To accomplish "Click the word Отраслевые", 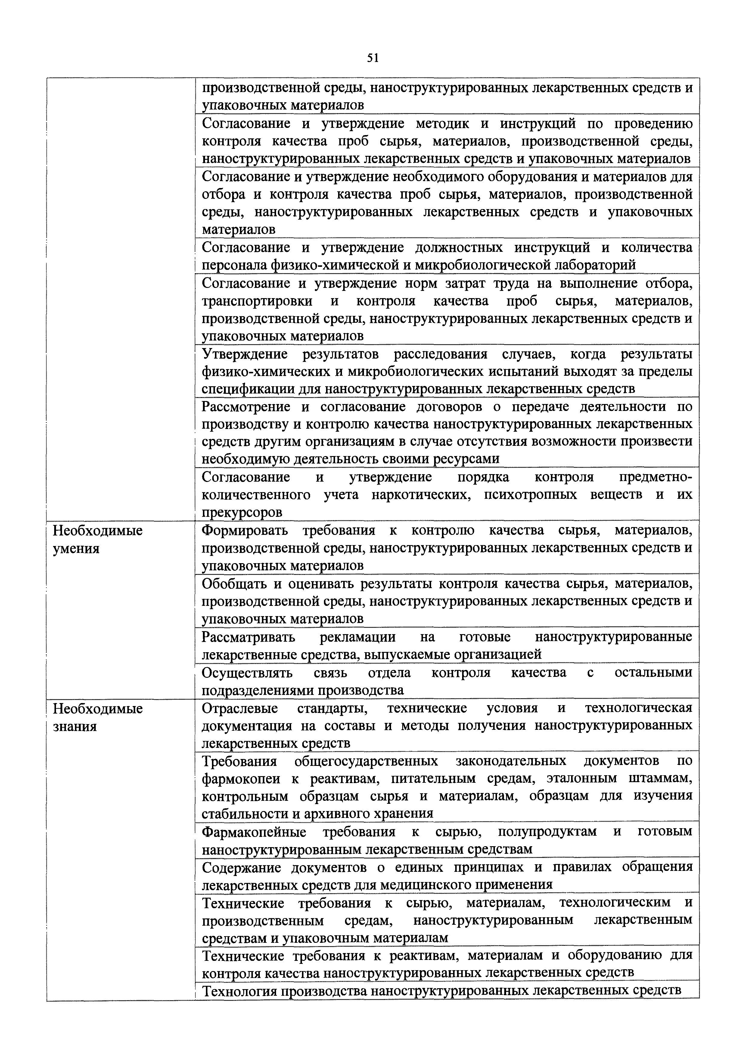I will [240, 708].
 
